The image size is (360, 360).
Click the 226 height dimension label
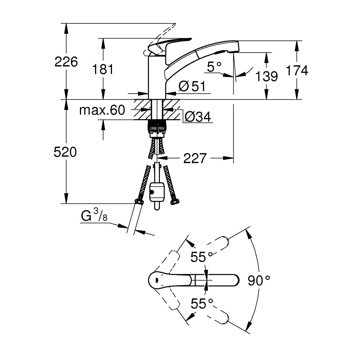(66, 62)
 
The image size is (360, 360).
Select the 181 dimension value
(103, 69)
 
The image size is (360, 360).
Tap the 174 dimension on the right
(297, 71)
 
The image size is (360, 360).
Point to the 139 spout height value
(266, 76)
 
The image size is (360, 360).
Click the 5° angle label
(215, 66)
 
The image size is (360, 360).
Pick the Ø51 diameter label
(192, 86)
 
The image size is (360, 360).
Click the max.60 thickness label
(102, 110)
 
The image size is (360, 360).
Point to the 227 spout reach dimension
(195, 158)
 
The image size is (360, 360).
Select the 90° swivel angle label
(259, 280)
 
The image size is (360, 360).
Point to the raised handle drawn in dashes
(162, 34)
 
